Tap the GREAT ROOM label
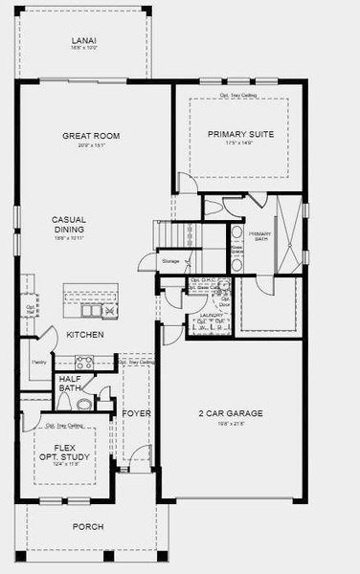(x=91, y=136)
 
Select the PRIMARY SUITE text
(x=240, y=134)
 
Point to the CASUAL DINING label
(x=69, y=225)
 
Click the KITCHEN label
(x=85, y=335)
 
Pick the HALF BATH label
(x=71, y=383)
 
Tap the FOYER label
(x=137, y=413)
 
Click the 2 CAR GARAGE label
(x=231, y=413)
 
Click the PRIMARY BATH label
(x=259, y=238)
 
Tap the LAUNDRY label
(x=210, y=315)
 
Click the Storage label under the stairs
(x=170, y=259)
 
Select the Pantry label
(x=39, y=363)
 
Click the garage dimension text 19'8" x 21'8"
(x=231, y=423)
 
